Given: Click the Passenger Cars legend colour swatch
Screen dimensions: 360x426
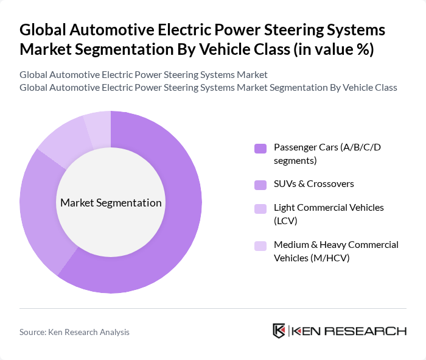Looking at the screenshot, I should point(260,148).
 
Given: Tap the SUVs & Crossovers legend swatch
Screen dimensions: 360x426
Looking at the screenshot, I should point(260,184).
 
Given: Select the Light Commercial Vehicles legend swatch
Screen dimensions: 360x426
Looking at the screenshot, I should point(260,208).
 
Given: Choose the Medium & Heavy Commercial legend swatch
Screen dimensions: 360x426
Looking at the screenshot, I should point(260,245).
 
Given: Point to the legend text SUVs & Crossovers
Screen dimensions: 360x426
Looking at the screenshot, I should point(313,183).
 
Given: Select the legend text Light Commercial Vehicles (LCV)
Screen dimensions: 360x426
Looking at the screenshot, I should point(329,213).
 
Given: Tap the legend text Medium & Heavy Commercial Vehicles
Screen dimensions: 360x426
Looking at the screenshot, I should point(336,250).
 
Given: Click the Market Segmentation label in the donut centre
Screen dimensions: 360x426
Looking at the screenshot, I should point(111,203).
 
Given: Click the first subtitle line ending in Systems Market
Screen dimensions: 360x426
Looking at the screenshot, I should point(143,75).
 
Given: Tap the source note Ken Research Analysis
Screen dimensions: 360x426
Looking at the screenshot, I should point(74,332).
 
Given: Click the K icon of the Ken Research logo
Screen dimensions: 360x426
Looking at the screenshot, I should point(279,331).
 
